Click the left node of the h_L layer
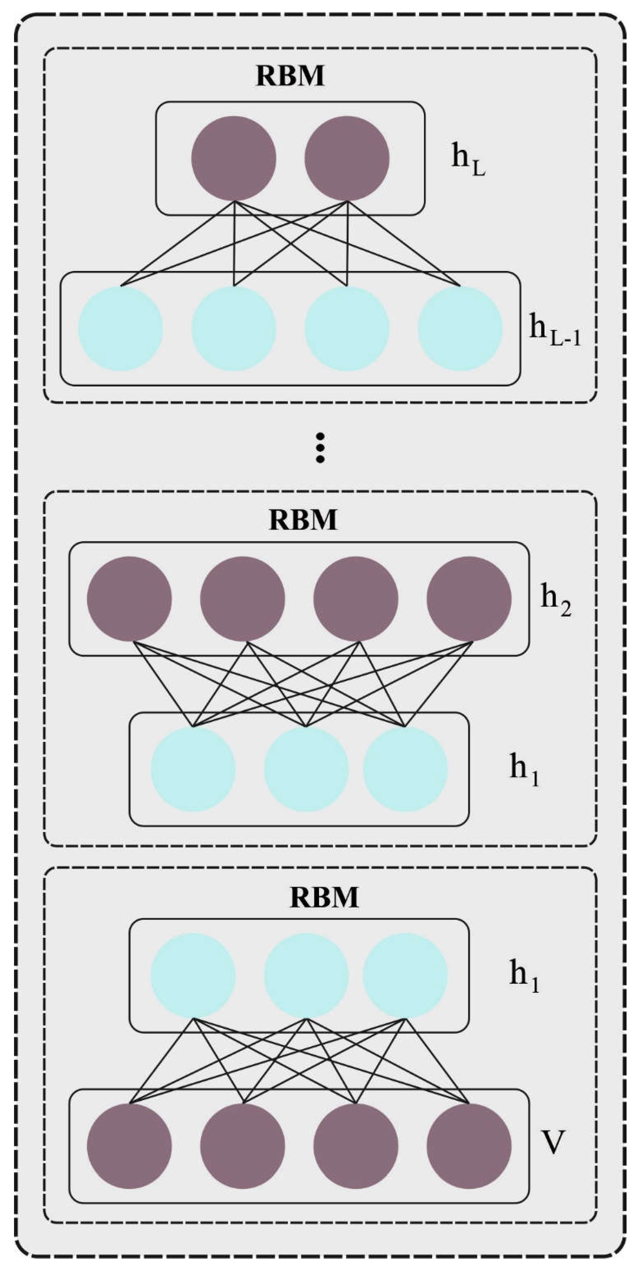pyautogui.click(x=234, y=158)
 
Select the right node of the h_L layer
pyautogui.click(x=347, y=158)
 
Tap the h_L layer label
pyautogui.click(x=468, y=160)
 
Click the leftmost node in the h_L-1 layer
pyautogui.click(x=121, y=328)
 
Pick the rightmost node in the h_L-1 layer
pyautogui.click(x=460, y=328)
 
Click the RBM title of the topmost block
pyautogui.click(x=290, y=76)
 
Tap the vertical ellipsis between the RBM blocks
pyautogui.click(x=320, y=448)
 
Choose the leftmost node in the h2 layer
pyautogui.click(x=129, y=598)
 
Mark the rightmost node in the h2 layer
pyautogui.click(x=469, y=598)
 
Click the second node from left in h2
pyautogui.click(x=242, y=598)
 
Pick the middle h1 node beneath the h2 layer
pyautogui.click(x=306, y=769)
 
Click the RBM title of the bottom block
pyautogui.click(x=324, y=897)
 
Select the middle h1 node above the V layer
pyautogui.click(x=306, y=975)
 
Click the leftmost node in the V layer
pyautogui.click(x=129, y=1146)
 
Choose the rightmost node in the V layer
pyautogui.click(x=469, y=1146)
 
